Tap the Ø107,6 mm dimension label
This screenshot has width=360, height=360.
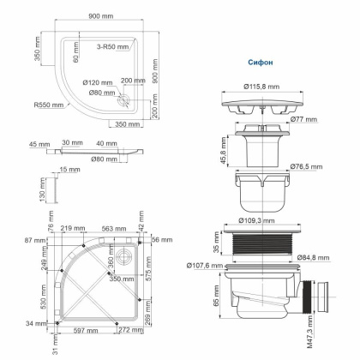tap(203, 264)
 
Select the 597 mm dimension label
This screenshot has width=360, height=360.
tap(82, 330)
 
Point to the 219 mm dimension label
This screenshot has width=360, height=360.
tap(72, 228)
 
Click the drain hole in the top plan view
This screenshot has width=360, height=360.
tap(128, 99)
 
